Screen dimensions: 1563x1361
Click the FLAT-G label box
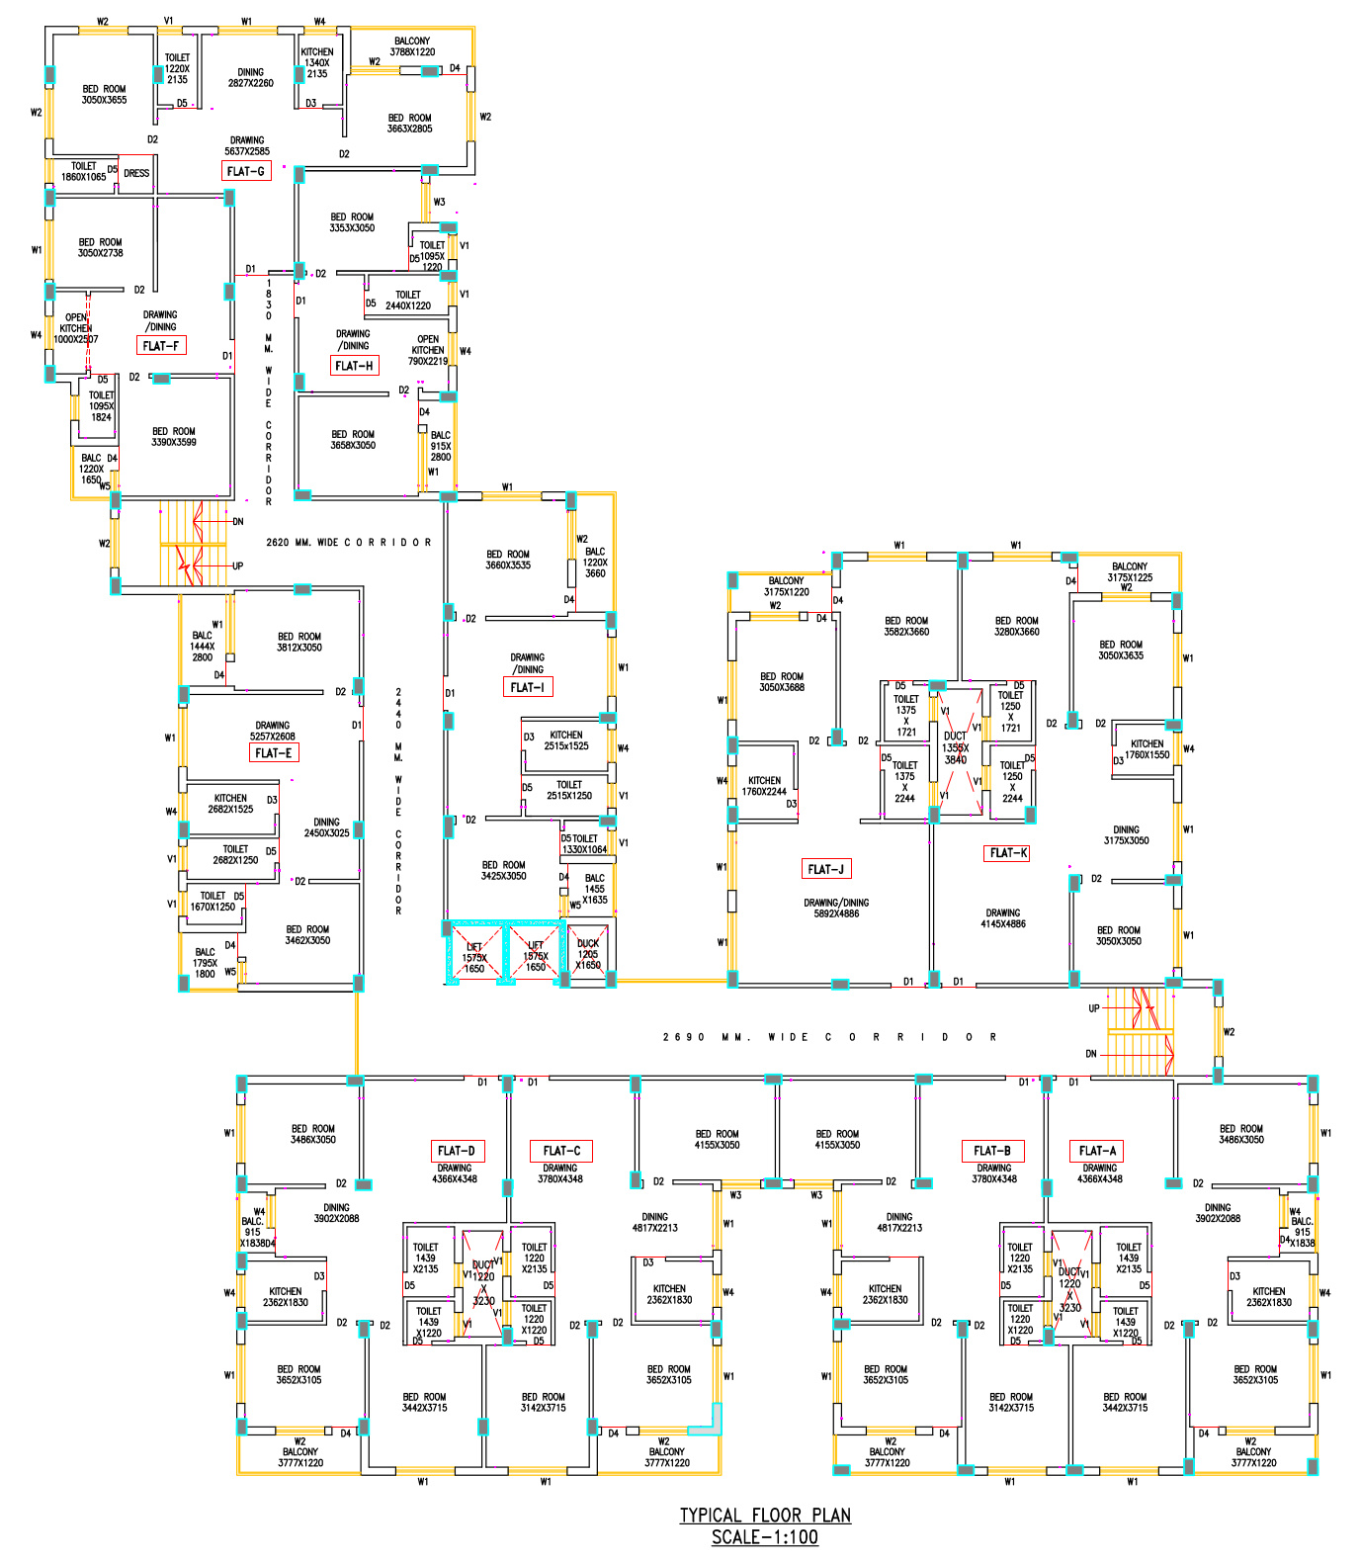pos(246,171)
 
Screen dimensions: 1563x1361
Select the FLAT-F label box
pos(161,346)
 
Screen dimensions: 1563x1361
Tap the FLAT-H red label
pos(355,366)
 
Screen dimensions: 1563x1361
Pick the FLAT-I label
pos(527,687)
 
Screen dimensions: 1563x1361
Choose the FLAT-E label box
pos(274,752)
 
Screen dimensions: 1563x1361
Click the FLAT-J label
pos(826,869)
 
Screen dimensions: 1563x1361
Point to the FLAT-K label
pos(1008,852)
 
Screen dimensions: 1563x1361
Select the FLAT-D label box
pos(457,1151)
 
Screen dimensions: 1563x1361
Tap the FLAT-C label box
pos(561,1151)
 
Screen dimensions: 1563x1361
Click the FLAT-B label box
pos(992,1151)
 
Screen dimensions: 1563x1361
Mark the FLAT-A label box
pos(1097,1151)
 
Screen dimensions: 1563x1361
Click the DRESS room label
pos(136,174)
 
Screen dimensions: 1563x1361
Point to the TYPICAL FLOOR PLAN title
pos(765,1516)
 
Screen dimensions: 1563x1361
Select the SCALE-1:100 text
pos(765,1537)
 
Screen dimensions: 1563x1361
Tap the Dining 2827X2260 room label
pos(251,78)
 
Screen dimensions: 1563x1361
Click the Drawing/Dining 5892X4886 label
pos(836,909)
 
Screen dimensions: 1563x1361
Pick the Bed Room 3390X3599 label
pos(174,437)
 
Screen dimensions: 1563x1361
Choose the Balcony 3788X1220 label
pos(412,46)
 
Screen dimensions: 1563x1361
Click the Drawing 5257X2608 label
pos(273,731)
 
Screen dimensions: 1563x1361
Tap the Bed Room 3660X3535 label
pos(508,560)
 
